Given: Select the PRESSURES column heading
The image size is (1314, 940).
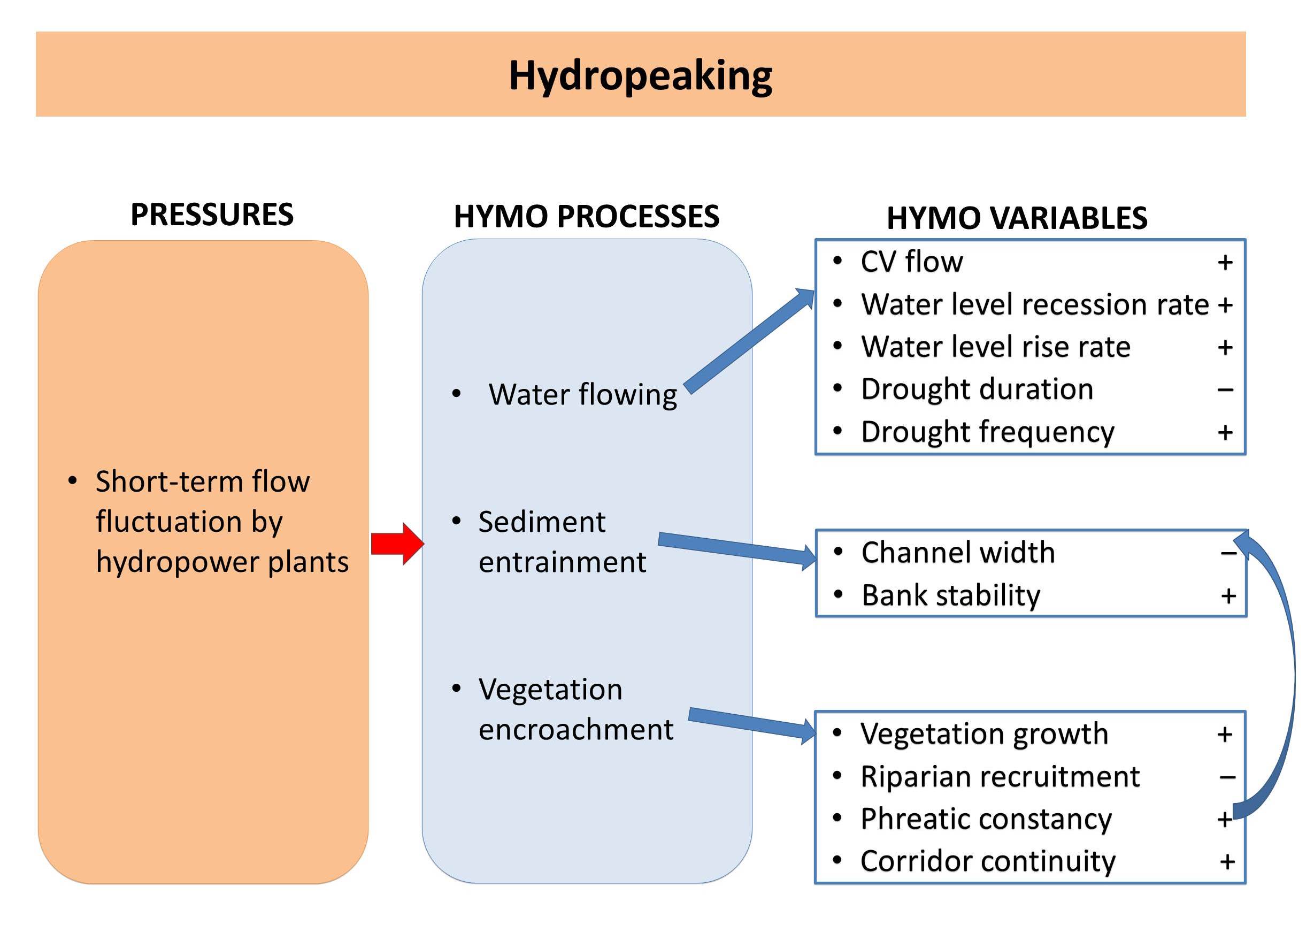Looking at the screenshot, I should pyautogui.click(x=212, y=215).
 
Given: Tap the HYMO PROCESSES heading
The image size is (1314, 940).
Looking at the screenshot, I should pyautogui.click(x=586, y=217).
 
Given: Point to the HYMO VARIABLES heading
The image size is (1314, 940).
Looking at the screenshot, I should pyautogui.click(x=1017, y=218).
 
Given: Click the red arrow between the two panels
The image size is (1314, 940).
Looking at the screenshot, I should pyautogui.click(x=397, y=544).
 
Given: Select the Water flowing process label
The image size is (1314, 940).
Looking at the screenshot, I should pyautogui.click(x=582, y=395).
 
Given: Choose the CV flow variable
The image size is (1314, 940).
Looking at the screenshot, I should pyautogui.click(x=911, y=262).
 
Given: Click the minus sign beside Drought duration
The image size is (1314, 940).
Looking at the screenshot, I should pyautogui.click(x=1225, y=390).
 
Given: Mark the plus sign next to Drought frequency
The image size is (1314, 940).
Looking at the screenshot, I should pyautogui.click(x=1225, y=432).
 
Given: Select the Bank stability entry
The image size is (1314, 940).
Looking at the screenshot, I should pyautogui.click(x=951, y=595).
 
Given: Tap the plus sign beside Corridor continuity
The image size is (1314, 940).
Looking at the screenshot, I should pyautogui.click(x=1227, y=862).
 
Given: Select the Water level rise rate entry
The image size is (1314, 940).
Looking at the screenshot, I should pyautogui.click(x=995, y=347).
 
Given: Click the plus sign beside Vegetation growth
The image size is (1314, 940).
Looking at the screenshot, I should pyautogui.click(x=1224, y=735).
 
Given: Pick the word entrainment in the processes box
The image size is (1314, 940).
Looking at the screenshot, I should pyautogui.click(x=562, y=562).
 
